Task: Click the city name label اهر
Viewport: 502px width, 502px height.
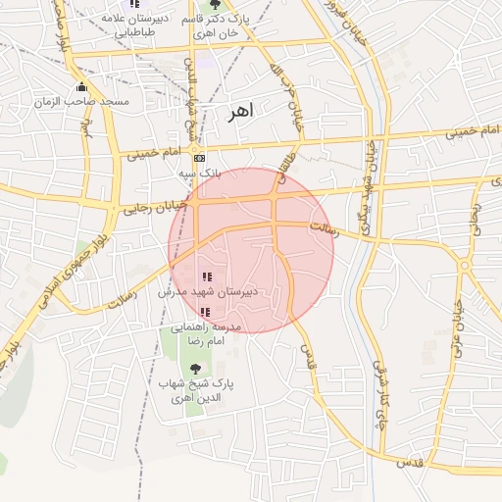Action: [237, 111]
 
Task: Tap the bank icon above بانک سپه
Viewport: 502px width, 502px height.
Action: [200, 158]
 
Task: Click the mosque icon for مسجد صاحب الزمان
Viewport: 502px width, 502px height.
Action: [81, 87]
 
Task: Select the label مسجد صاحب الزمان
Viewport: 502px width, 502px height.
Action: [82, 101]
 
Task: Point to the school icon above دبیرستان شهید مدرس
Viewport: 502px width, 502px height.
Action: [205, 277]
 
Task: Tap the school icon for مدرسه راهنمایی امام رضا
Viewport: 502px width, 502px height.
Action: [205, 311]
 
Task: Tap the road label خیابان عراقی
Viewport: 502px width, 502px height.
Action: [457, 325]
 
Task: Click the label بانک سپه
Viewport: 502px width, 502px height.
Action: [200, 173]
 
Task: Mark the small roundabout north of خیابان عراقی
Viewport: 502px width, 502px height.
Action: [465, 265]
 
